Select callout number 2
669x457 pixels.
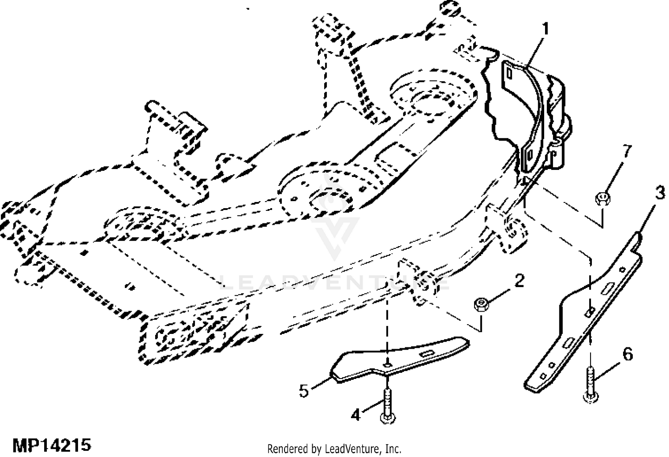pos(519,281)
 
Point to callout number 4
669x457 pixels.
pos(355,415)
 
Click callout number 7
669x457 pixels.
pos(627,152)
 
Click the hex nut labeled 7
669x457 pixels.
pos(603,196)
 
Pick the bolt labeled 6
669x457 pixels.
pos(591,383)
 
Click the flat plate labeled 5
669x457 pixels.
pos(397,357)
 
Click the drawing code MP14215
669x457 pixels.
pos(52,445)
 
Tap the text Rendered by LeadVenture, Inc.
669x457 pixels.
pos(334,448)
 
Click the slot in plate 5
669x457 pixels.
pos(427,353)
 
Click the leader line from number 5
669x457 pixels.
pos(320,384)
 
